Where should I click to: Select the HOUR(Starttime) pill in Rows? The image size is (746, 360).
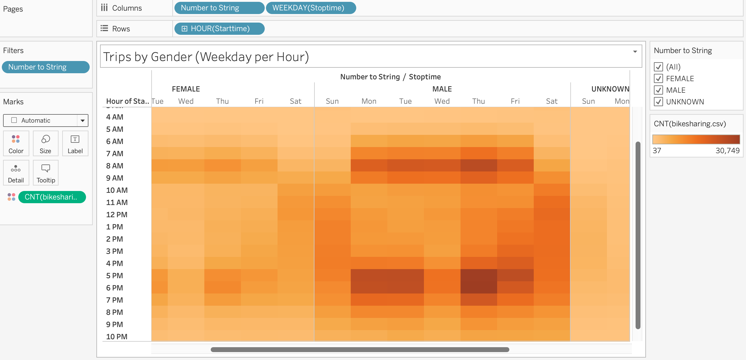[219, 29]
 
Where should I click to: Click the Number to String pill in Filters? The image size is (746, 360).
[46, 67]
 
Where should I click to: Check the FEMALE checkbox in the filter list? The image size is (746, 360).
[658, 79]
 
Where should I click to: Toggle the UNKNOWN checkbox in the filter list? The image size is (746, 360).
[658, 102]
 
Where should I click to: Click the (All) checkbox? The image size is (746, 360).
[658, 67]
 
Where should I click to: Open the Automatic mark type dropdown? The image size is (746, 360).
[82, 121]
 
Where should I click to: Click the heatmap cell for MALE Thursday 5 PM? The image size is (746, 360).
[479, 275]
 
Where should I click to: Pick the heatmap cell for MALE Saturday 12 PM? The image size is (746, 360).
[552, 214]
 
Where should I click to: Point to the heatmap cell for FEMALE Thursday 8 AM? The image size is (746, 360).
[222, 165]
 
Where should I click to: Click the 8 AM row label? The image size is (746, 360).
[115, 166]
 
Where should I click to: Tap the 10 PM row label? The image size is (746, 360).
[117, 337]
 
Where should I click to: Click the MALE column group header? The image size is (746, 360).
[442, 89]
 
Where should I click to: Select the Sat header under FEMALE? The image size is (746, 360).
[295, 101]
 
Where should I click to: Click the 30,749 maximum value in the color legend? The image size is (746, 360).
[727, 151]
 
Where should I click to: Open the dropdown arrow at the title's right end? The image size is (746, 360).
[635, 52]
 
